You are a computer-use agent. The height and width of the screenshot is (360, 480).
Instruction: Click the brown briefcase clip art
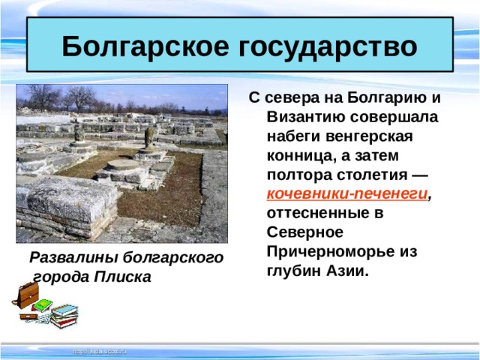(25, 295)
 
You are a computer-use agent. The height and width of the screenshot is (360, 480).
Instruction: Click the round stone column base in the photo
(122, 165)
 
